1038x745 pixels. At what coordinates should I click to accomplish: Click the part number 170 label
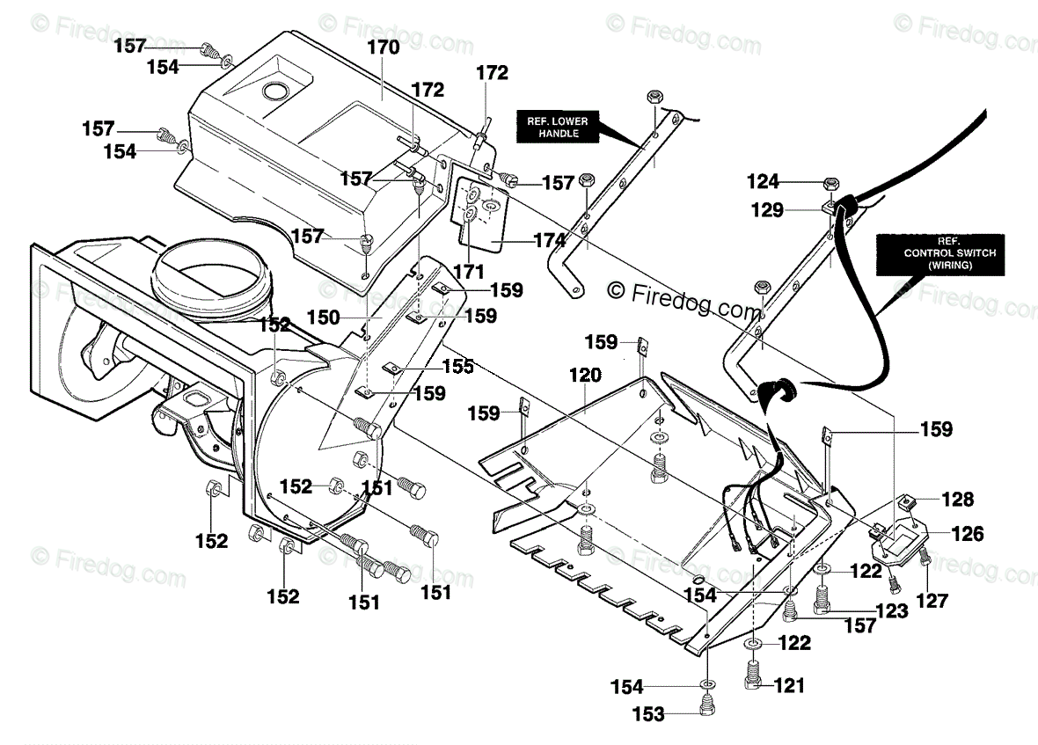coord(384,47)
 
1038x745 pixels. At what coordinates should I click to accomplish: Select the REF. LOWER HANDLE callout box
coord(558,127)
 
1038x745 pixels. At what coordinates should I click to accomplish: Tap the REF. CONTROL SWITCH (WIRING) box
coord(940,255)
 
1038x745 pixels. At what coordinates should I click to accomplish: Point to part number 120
coord(585,376)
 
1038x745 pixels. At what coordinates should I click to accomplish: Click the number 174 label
coord(550,240)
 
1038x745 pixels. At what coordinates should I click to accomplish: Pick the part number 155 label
coord(458,366)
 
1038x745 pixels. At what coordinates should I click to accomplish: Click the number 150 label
coord(323,318)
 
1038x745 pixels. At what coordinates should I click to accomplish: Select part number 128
coord(958,499)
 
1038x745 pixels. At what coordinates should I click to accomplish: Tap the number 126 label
coord(967,533)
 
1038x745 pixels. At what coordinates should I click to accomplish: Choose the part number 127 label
coord(932,601)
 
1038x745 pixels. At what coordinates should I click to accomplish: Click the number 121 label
coord(789,685)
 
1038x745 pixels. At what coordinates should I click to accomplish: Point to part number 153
coord(648,714)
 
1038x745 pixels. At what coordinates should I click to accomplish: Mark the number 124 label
coord(764,180)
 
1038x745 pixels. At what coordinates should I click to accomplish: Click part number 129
coord(767,209)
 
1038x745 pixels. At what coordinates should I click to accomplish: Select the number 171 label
coord(469,271)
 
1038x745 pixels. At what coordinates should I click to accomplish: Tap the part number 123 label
coord(892,610)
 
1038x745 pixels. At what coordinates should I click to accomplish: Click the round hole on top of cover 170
coord(274,91)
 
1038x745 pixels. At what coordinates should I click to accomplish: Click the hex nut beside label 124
coord(832,183)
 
